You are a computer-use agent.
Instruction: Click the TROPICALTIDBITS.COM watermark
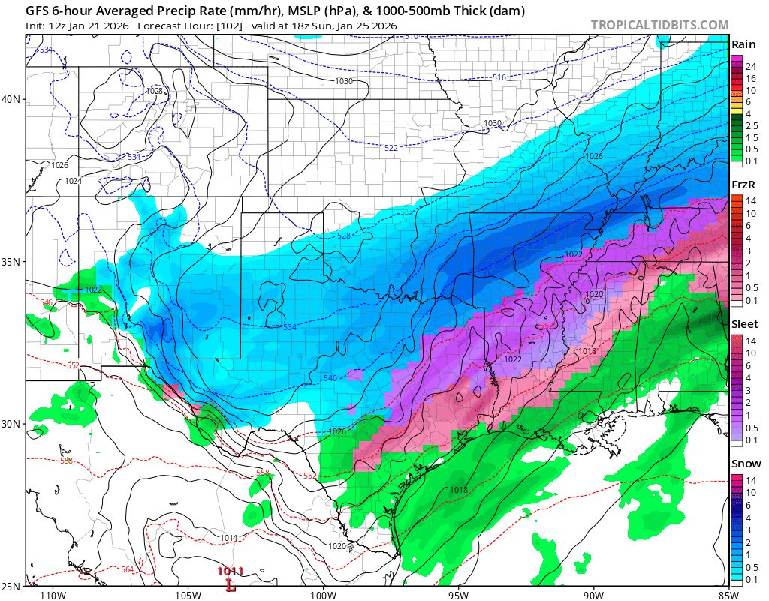[659, 26]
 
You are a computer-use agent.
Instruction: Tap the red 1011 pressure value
[229, 572]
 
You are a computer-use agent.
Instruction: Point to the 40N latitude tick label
[13, 99]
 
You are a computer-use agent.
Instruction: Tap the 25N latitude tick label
[13, 586]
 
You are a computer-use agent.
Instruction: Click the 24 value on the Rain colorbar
[750, 67]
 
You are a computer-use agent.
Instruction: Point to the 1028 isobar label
[155, 91]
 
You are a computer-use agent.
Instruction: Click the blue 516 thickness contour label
[499, 77]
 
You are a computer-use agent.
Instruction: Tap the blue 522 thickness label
[391, 148]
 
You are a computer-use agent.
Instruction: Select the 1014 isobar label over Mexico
[229, 539]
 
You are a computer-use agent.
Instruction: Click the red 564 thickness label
[128, 570]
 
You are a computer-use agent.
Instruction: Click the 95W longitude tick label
[458, 596]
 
